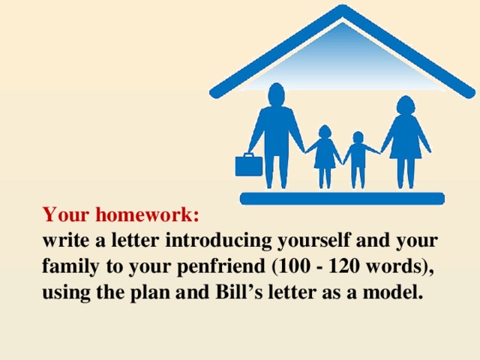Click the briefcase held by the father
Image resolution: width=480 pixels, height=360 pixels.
pos(249,164)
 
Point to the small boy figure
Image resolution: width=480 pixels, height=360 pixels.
pos(358,157)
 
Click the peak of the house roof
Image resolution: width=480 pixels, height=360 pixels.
pos(343,10)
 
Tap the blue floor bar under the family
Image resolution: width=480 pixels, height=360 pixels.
pos(341,199)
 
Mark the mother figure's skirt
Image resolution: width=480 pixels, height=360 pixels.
pos(406,146)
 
